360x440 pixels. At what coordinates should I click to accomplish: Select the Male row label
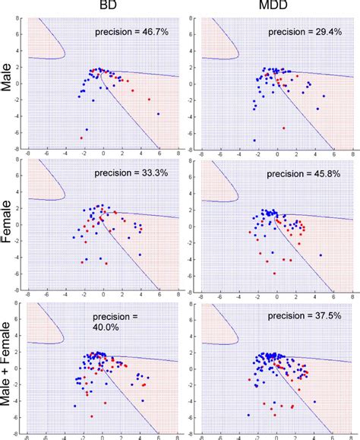coord(11,78)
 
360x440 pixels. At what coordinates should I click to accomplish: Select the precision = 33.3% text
coord(129,174)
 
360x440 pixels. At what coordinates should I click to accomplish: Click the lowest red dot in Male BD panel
coord(81,137)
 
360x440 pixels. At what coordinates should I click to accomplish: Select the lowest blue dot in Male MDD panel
coord(254,140)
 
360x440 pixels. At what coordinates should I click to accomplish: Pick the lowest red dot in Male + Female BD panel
coord(92,416)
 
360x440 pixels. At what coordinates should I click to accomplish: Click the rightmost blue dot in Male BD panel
coord(158,113)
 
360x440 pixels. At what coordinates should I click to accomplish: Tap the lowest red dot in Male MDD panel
coord(283,128)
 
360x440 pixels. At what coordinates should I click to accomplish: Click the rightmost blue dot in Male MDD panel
coord(324,96)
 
